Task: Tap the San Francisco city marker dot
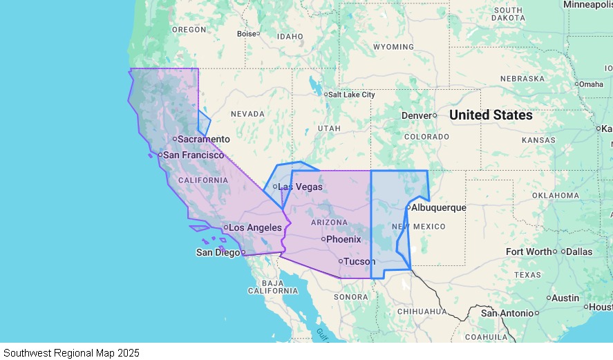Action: [x=160, y=155]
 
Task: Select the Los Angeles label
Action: [x=256, y=227]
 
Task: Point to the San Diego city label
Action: [x=218, y=252]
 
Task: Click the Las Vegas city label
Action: [x=300, y=187]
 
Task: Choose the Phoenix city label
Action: [x=343, y=239]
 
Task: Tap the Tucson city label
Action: [x=359, y=261]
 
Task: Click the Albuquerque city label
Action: [x=439, y=207]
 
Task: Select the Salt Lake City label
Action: [x=352, y=95]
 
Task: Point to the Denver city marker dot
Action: [x=435, y=115]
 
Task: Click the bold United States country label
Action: [x=491, y=115]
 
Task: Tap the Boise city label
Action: [x=246, y=33]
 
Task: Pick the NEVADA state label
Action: [x=247, y=114]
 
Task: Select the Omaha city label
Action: [x=592, y=84]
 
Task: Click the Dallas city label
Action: [x=580, y=252]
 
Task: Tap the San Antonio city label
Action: [x=508, y=313]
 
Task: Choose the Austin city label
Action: [x=566, y=298]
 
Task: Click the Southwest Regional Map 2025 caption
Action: [x=71, y=352]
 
